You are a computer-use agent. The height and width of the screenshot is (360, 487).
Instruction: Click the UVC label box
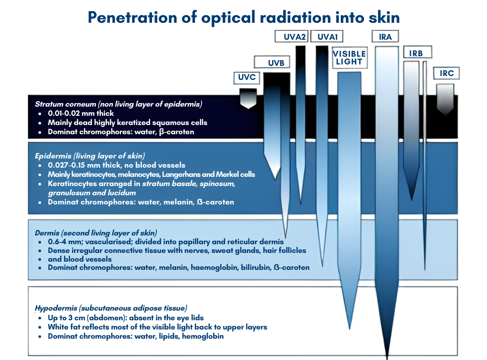coord(246,78)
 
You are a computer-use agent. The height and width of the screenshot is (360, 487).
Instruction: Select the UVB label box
coord(273,63)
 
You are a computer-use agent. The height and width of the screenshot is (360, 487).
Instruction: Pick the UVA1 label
coord(328,36)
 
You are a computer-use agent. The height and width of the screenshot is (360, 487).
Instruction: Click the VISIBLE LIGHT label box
coord(349,58)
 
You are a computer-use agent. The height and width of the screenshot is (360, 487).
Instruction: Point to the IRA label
coord(385,36)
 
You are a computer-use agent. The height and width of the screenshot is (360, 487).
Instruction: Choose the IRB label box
coord(415,53)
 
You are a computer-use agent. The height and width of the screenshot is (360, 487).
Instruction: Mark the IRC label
coord(446,74)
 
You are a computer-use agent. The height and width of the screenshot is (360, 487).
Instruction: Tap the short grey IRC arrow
coord(445,99)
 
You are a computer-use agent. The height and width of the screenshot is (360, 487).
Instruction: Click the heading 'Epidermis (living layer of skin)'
coord(90,156)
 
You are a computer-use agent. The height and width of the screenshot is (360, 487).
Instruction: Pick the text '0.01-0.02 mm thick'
coord(81,113)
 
